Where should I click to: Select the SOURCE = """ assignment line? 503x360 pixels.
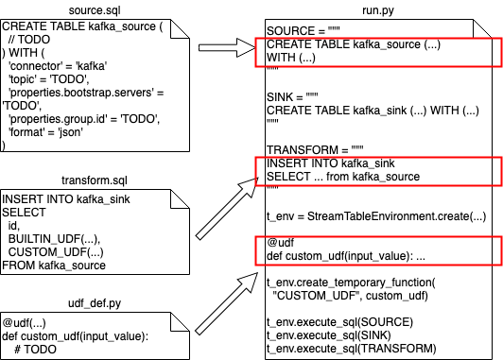(302, 31)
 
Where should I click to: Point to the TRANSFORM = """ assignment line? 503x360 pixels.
(312, 150)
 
